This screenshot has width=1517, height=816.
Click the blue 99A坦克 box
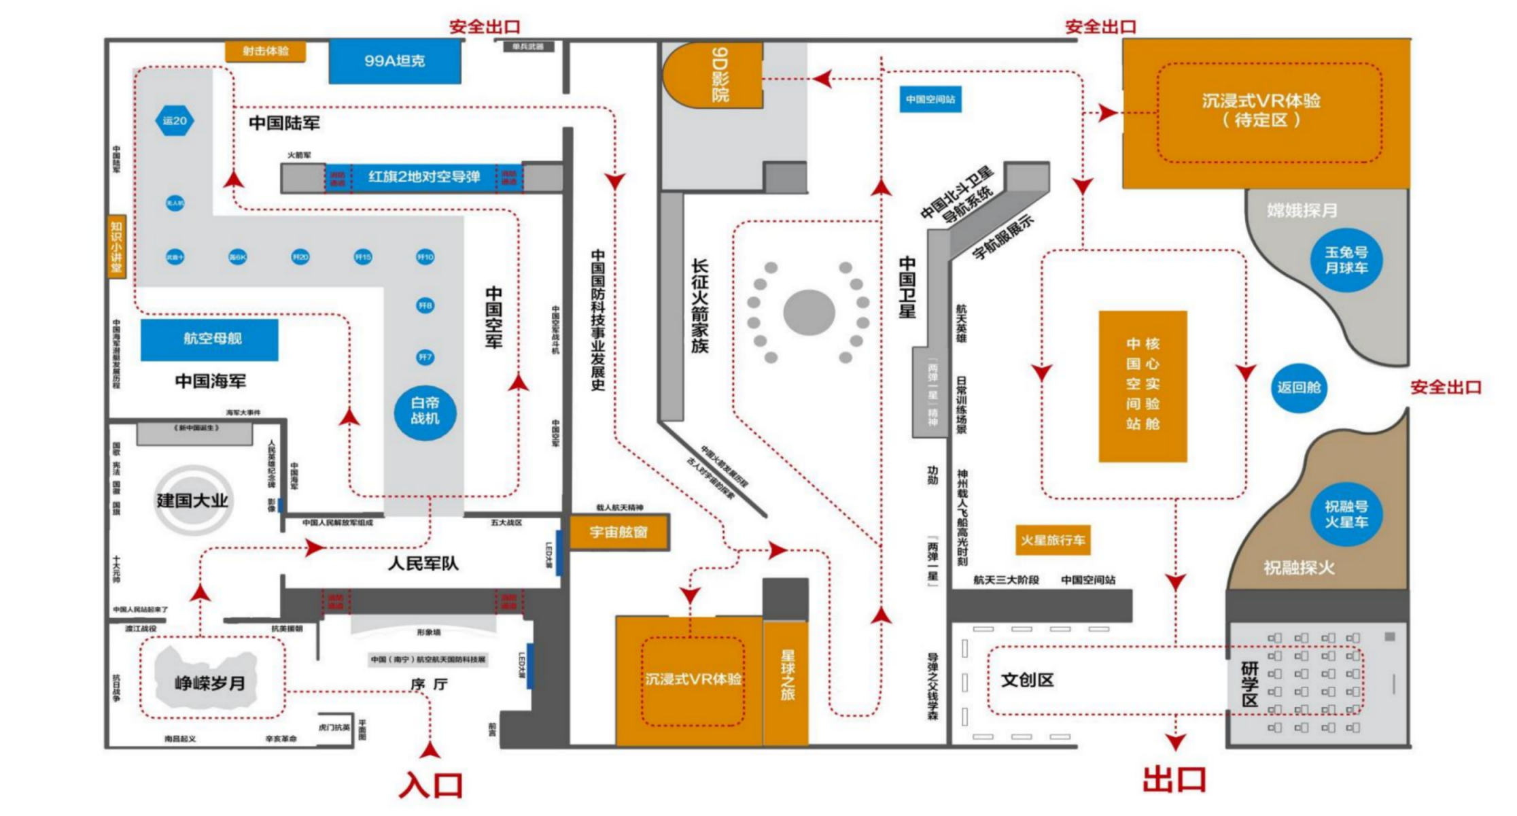pos(395,61)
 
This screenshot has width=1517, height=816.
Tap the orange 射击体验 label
pos(265,51)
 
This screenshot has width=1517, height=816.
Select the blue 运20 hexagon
pos(175,121)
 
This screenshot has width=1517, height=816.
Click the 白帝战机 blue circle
pos(425,411)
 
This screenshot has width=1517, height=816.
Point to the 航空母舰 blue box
pos(210,339)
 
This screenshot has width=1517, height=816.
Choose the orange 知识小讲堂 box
pos(117,246)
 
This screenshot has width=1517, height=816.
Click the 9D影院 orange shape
pos(713,75)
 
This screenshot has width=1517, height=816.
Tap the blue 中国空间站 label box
pos(930,99)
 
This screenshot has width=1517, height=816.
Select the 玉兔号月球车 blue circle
pos(1346,260)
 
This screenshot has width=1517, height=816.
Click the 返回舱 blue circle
pos(1298,388)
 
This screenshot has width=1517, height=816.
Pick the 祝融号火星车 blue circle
pos(1346,514)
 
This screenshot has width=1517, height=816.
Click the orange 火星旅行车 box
pos(1053,541)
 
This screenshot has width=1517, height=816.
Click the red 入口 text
pos(431,785)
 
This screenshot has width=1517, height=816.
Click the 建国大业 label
pos(192,501)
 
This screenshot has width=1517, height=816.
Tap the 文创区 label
pos(1027,680)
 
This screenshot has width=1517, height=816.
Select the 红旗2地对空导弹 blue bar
pos(423,177)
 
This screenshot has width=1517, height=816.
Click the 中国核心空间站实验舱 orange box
pos(1143,386)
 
